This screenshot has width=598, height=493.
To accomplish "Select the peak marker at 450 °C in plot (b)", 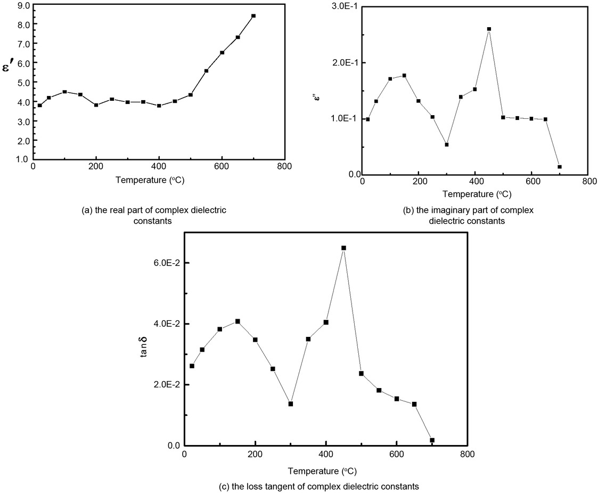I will (x=489, y=29).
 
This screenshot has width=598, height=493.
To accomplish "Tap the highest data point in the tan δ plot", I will (x=343, y=248).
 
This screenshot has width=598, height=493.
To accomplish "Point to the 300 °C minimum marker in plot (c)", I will (x=291, y=403).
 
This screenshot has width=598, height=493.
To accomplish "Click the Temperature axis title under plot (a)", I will (x=159, y=180).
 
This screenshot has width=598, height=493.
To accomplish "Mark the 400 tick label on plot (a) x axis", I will (x=159, y=166).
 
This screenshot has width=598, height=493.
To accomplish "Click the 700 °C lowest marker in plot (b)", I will (x=560, y=167).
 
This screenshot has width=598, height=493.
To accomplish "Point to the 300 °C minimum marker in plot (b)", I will (x=447, y=144).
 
